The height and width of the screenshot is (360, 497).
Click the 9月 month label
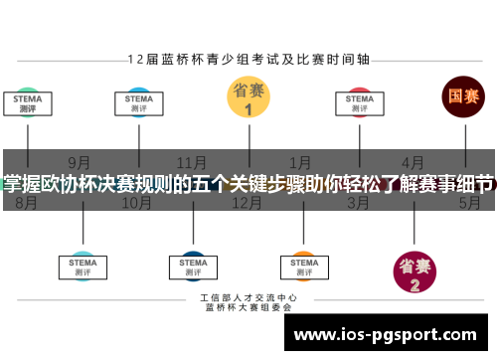(80, 161)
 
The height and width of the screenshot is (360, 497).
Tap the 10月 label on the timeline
(136, 202)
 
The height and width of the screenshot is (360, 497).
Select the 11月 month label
(191, 161)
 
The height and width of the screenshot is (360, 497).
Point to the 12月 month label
(247, 202)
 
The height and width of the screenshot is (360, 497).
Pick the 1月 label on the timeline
(300, 161)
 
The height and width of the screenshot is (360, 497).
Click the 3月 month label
(358, 202)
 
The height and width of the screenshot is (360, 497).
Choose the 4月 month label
(413, 161)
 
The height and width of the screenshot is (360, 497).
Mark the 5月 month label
(469, 202)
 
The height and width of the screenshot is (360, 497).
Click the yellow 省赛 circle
(248, 97)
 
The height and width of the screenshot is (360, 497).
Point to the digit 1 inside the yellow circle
(248, 109)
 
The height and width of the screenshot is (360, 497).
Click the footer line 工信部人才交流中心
(248, 298)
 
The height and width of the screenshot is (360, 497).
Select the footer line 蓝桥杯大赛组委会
(248, 308)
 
